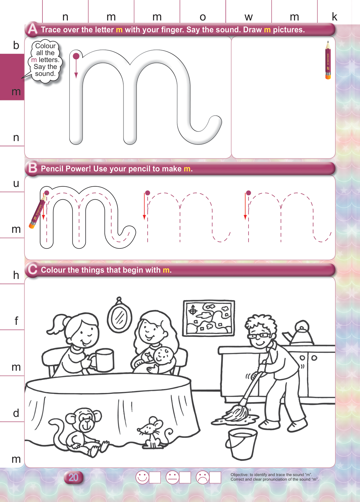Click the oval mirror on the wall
pyautogui.click(x=119, y=316)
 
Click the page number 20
pyautogui.click(x=73, y=477)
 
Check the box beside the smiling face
pyautogui.click(x=155, y=477)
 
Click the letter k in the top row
pyautogui.click(x=335, y=16)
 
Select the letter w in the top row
pyautogui.click(x=249, y=17)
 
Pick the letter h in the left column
pyautogui.click(x=16, y=275)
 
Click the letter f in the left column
pyautogui.click(x=16, y=321)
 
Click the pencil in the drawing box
pyautogui.click(x=328, y=60)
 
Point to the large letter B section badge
pyautogui.click(x=33, y=168)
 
